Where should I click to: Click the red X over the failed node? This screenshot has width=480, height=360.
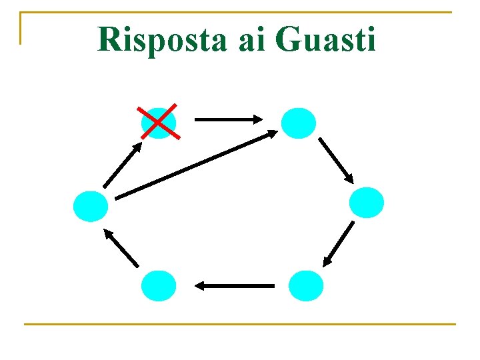click(159, 122)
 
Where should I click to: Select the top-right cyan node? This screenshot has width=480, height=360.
click(297, 123)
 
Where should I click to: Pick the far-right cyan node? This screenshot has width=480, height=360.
click(367, 203)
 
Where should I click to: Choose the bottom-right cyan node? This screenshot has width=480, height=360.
click(305, 286)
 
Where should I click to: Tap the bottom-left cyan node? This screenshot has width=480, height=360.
click(159, 286)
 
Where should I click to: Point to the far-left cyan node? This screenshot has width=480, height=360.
click(91, 206)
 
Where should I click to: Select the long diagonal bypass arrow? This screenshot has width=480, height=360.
click(197, 164)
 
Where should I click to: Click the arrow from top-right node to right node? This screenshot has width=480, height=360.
click(335, 160)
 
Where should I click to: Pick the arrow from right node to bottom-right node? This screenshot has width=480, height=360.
click(338, 244)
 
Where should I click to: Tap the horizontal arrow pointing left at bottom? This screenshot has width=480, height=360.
click(235, 286)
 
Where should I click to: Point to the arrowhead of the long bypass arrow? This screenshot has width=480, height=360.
click(272, 133)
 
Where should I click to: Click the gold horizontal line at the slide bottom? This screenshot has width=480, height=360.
click(239, 325)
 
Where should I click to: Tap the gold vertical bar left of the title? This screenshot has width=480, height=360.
click(21, 28)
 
